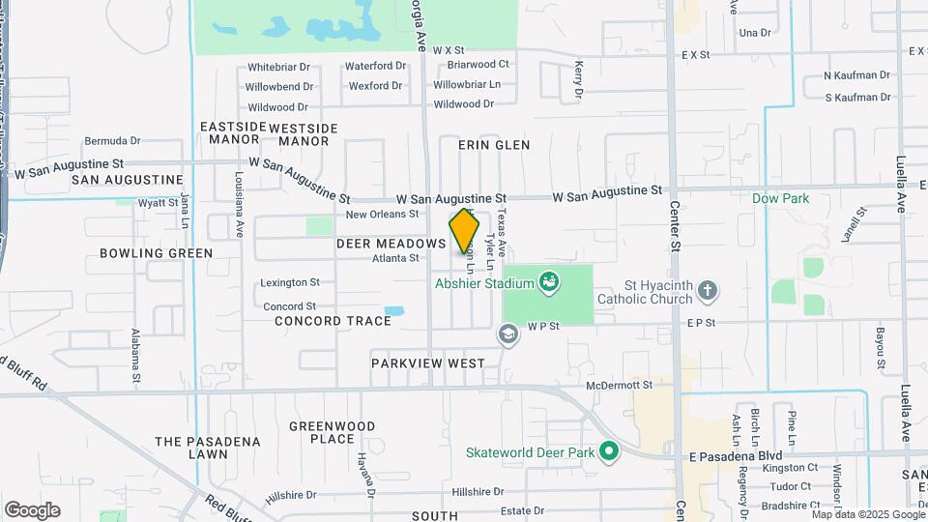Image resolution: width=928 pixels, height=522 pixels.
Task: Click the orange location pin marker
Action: [464, 231]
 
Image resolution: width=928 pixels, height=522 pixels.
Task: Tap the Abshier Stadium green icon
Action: [549, 281]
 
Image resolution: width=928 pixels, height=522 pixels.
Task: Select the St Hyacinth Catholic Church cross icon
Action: [707, 290]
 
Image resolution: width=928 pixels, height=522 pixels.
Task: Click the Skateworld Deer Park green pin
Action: [608, 451]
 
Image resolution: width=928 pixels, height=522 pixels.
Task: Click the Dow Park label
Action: [780, 198]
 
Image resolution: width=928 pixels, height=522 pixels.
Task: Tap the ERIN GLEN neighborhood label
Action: [494, 145]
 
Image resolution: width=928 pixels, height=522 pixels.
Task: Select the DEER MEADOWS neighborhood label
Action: [391, 245]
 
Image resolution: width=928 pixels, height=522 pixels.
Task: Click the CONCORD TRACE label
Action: [320, 321]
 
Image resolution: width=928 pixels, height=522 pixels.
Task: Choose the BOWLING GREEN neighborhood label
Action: [156, 253]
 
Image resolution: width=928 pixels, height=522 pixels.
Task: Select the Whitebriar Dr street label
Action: [278, 67]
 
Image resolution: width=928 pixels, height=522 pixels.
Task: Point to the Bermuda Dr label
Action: [113, 140]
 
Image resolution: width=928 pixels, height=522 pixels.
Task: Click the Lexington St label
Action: [290, 283]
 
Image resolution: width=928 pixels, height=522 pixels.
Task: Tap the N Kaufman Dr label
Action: [856, 75]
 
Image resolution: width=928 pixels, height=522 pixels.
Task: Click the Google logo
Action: [32, 510]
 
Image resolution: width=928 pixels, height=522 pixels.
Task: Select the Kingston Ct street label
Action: [790, 468]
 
